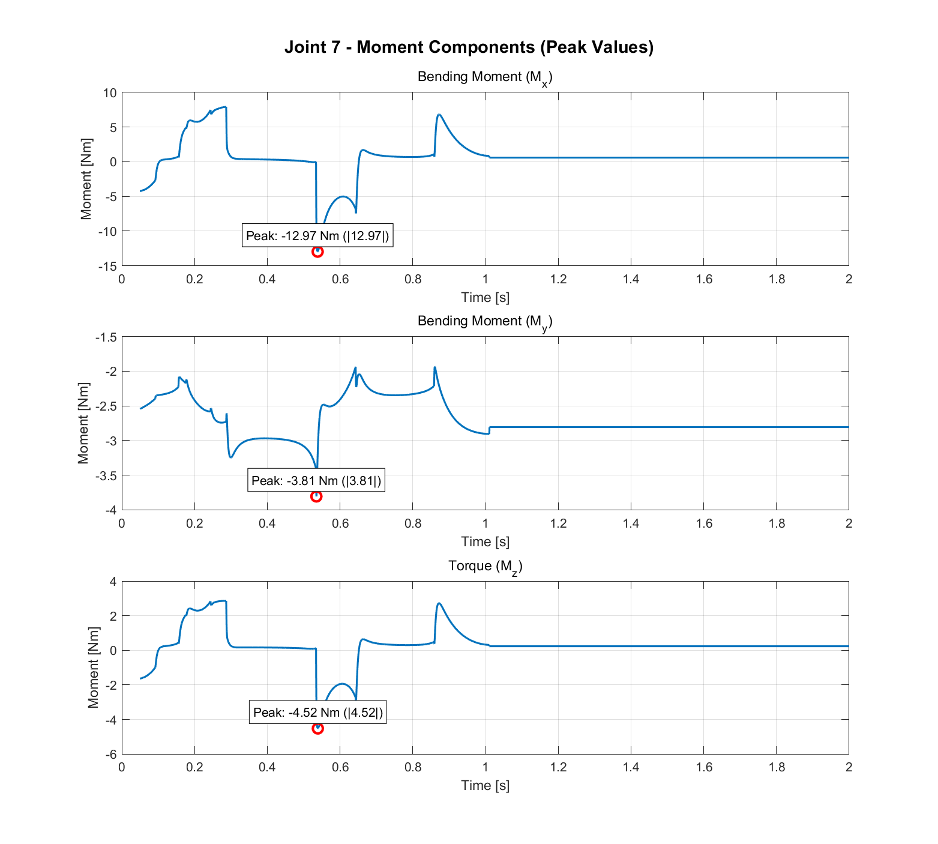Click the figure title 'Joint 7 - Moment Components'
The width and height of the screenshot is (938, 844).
pos(469,47)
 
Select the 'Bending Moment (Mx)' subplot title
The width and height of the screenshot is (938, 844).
pos(484,77)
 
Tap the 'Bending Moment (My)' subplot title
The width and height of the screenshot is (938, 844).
pos(484,321)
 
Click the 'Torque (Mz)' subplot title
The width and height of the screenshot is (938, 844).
pos(485,566)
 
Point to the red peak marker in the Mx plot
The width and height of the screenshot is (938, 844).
pos(317,252)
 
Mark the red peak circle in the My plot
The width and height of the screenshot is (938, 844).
pos(316,496)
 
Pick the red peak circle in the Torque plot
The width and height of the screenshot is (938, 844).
pos(317,728)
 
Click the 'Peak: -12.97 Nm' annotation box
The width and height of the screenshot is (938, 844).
pos(317,236)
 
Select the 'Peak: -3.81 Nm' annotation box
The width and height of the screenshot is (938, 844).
pos(316,481)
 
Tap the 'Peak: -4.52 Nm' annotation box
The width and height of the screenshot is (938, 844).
pos(317,713)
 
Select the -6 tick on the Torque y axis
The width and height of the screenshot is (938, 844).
pos(110,755)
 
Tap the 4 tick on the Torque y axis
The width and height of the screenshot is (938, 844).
pos(113,582)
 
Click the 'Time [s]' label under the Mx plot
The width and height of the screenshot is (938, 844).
pos(485,297)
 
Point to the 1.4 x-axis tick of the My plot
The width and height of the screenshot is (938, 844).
pos(631,523)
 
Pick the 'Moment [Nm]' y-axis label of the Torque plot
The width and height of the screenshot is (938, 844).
pos(93,668)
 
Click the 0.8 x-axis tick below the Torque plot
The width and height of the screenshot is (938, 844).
pos(413,767)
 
